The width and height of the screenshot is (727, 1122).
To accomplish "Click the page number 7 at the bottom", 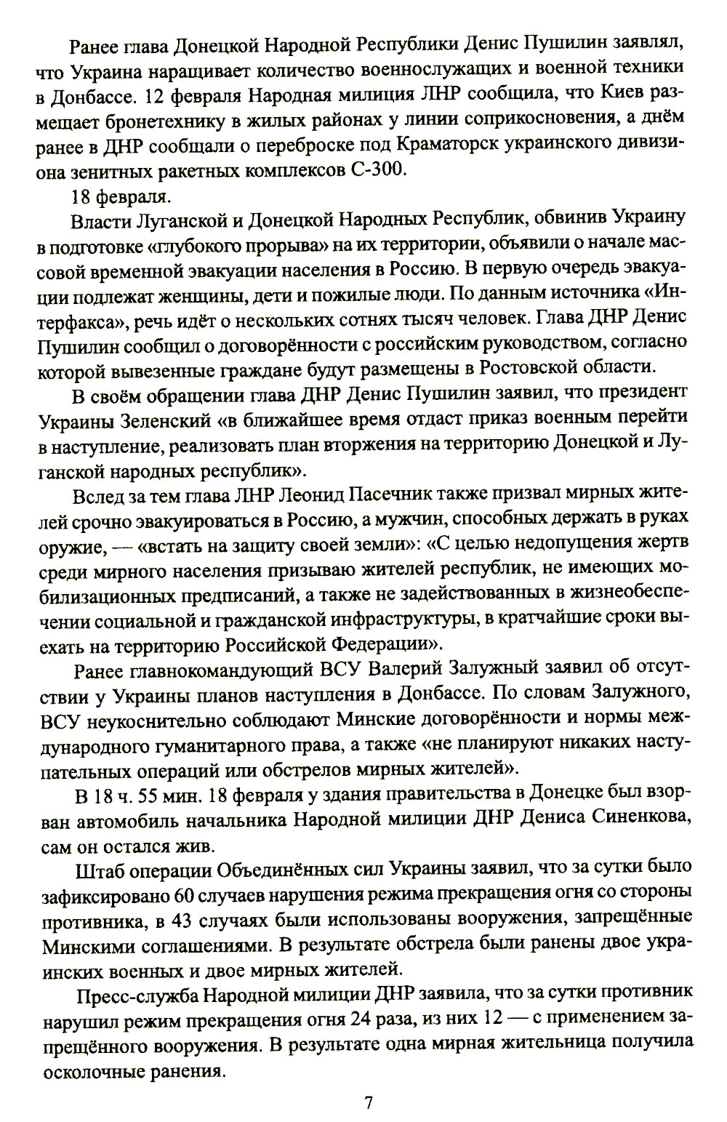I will (368, 1102).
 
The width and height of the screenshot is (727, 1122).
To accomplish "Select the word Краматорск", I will (459, 144).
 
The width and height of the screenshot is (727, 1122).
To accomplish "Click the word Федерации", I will (381, 644).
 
